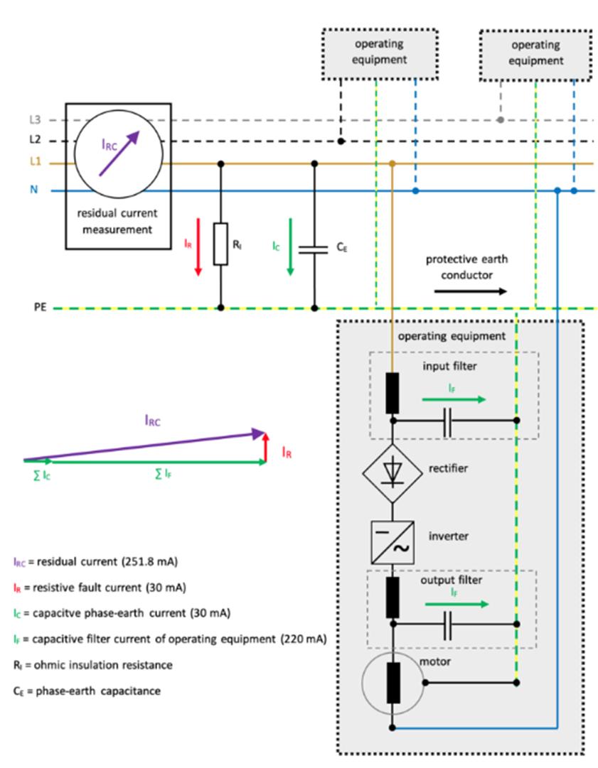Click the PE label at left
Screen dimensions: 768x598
(x=39, y=309)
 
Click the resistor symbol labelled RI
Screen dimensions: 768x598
(x=221, y=244)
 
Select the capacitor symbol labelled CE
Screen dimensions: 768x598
(x=315, y=249)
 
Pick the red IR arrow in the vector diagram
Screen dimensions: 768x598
(x=265, y=447)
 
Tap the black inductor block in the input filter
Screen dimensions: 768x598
(x=392, y=393)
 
